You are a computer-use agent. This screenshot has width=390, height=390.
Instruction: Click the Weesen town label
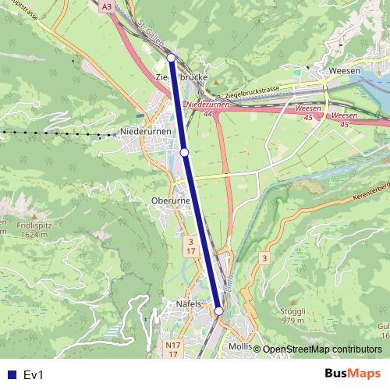point(344,70)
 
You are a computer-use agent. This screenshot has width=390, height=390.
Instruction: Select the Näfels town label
point(189,304)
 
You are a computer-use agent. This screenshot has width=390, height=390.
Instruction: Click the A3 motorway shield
point(107,6)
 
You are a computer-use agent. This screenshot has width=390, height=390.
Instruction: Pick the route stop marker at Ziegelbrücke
point(171,56)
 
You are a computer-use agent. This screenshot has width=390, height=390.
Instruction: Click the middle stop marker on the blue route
point(185,152)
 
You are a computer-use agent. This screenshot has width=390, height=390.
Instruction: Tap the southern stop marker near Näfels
point(219,310)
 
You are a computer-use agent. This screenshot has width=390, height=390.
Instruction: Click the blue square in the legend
point(9,375)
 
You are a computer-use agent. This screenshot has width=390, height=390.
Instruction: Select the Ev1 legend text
point(34,375)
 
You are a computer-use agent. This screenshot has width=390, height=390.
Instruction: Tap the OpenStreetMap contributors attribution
point(322,349)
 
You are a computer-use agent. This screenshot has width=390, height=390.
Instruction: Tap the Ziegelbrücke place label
point(181,78)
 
